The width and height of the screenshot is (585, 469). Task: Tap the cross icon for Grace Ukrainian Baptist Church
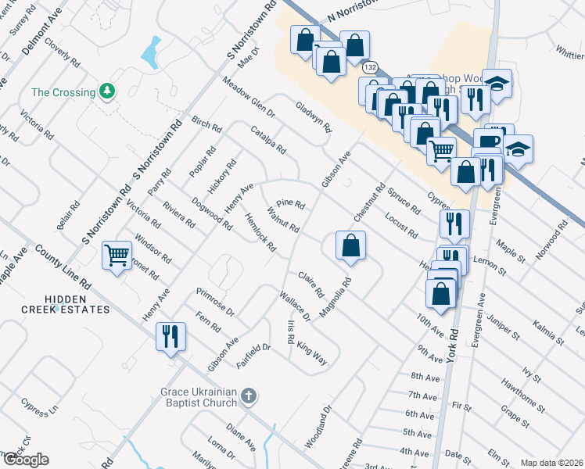248,396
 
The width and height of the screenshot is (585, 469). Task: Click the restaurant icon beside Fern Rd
170,336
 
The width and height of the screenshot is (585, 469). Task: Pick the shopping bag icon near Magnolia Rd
350,245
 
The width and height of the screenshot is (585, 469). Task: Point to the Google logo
25,460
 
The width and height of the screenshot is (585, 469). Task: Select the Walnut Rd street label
283,220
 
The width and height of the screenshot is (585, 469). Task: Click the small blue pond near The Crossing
149,52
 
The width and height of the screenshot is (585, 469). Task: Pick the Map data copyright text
551,463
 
